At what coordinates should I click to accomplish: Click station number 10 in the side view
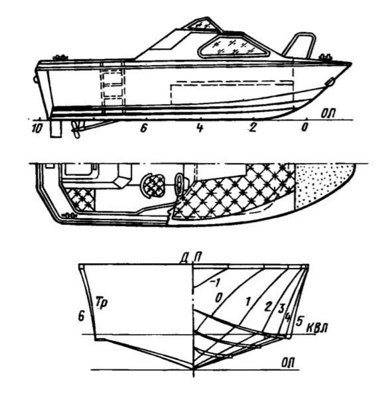pyautogui.click(x=36, y=129)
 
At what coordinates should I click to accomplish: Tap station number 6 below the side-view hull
pyautogui.click(x=143, y=128)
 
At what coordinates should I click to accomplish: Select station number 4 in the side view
pyautogui.click(x=200, y=128)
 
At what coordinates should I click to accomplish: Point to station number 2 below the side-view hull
pyautogui.click(x=253, y=128)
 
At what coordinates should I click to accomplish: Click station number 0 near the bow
pyautogui.click(x=304, y=128)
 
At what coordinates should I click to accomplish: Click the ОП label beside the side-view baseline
pyautogui.click(x=328, y=113)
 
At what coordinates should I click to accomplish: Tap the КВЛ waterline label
pyautogui.click(x=317, y=328)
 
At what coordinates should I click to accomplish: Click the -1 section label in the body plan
pyautogui.click(x=216, y=283)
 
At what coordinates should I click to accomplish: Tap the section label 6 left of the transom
pyautogui.click(x=81, y=316)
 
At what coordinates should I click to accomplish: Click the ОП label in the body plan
pyautogui.click(x=287, y=363)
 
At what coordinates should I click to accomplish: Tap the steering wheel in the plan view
pyautogui.click(x=180, y=184)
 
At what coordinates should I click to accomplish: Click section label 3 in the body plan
pyautogui.click(x=281, y=308)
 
